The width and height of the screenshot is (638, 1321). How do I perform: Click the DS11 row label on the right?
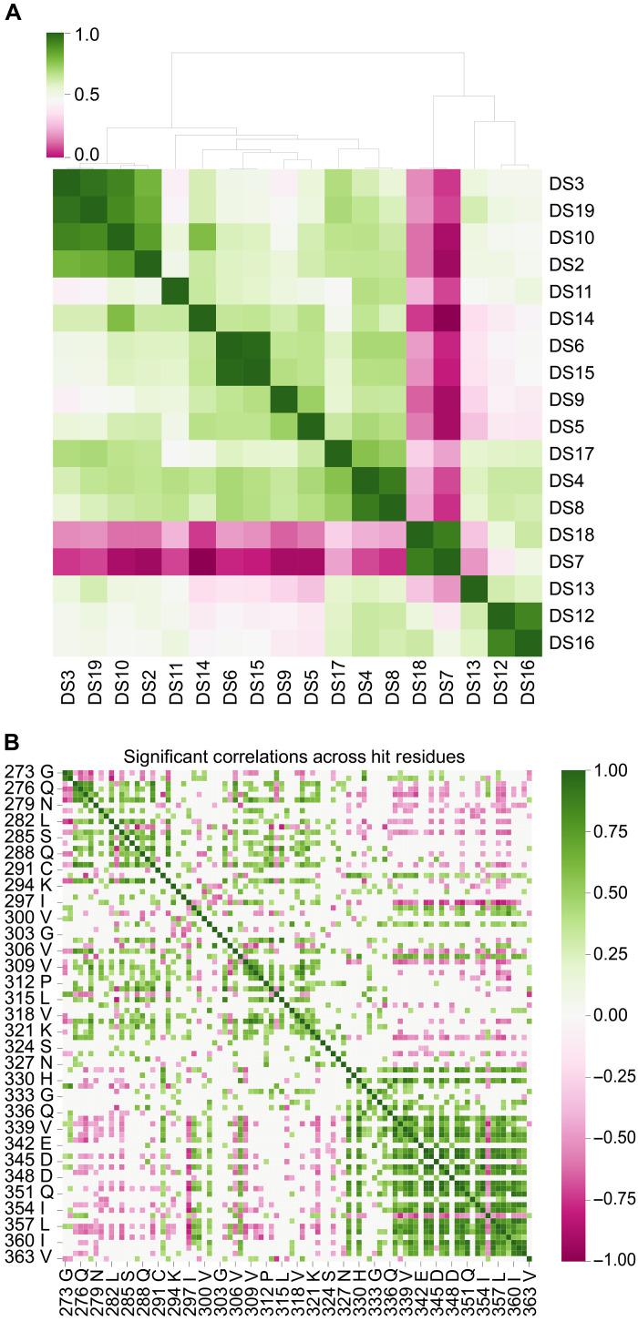(572, 291)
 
